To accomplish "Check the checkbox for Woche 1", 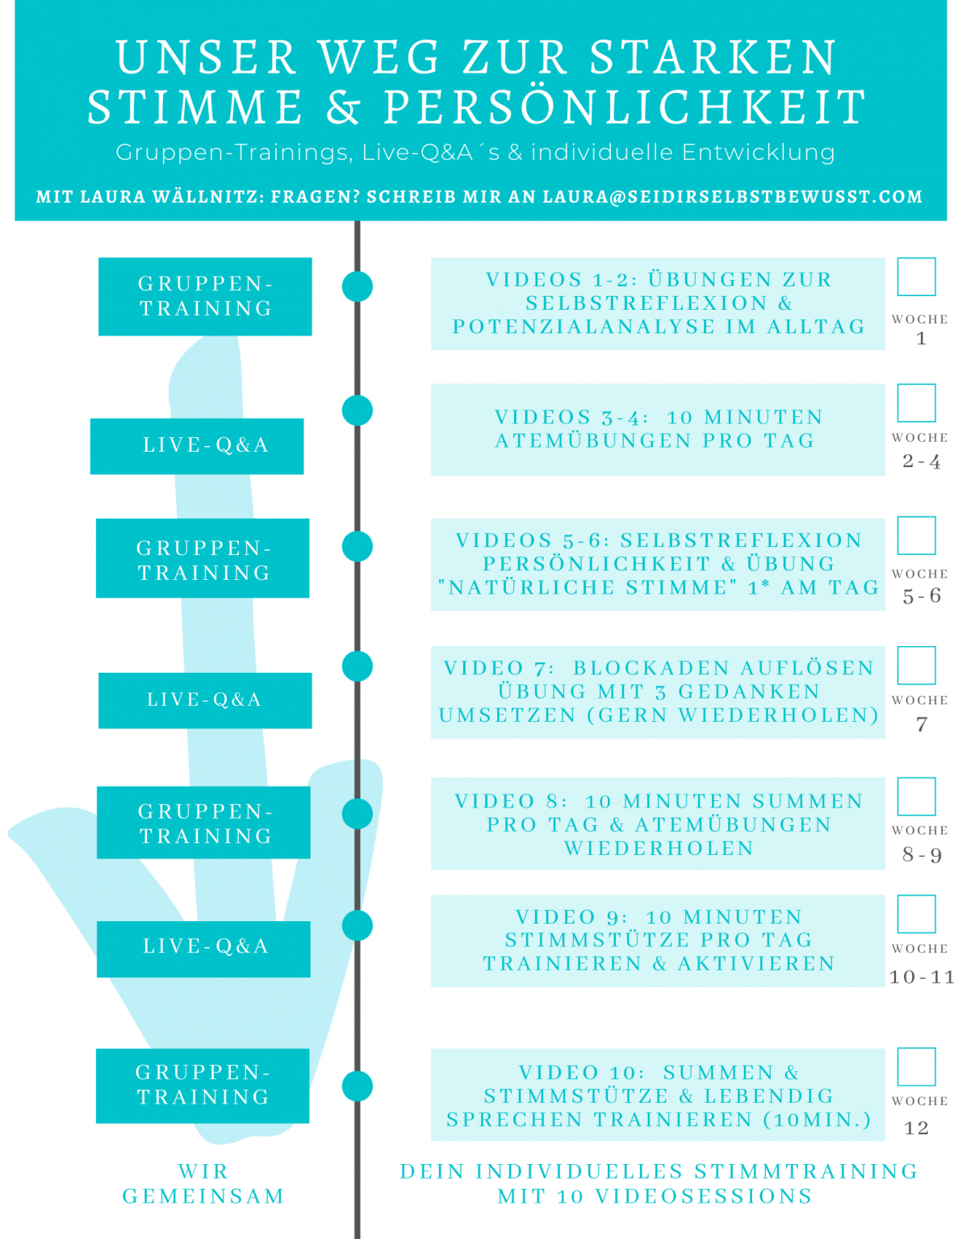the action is pyautogui.click(x=916, y=277).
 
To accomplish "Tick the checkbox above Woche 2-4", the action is pyautogui.click(x=916, y=403).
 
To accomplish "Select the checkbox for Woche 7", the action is pyautogui.click(x=916, y=665).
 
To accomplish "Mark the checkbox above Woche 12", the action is pyautogui.click(x=916, y=1067).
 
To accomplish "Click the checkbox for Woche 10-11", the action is pyautogui.click(x=916, y=914).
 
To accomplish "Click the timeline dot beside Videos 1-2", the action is pyautogui.click(x=358, y=286).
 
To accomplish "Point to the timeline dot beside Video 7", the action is pyautogui.click(x=358, y=666).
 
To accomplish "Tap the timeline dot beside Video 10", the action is pyautogui.click(x=358, y=1087).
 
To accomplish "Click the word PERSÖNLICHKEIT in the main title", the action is pyautogui.click(x=625, y=107).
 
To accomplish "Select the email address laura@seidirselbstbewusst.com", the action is pyautogui.click(x=732, y=197).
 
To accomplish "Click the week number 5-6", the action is pyautogui.click(x=922, y=596).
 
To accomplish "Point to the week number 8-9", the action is pyautogui.click(x=922, y=855).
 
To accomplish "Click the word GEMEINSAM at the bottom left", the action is pyautogui.click(x=203, y=1196).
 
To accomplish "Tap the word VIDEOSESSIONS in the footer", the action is pyautogui.click(x=704, y=1196).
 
